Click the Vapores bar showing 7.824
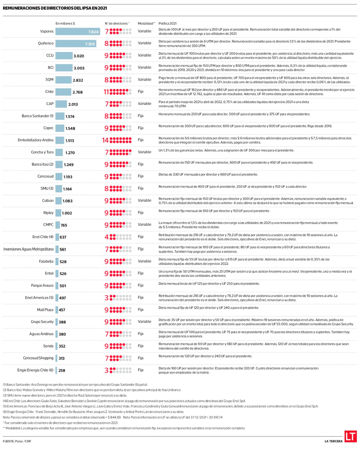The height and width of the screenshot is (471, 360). point(77,32)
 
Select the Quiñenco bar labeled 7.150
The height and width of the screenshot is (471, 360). point(75,44)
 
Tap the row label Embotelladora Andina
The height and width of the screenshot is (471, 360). point(36,140)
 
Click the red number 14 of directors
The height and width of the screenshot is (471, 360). point(105,140)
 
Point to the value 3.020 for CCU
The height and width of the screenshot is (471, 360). point(78,56)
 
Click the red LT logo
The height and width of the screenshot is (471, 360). point(350,436)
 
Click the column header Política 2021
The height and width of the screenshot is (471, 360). point(167,23)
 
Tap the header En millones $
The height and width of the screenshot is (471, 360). point(65,23)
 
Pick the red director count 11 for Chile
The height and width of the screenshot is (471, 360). point(106,92)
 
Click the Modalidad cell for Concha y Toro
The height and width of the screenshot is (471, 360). point(144,152)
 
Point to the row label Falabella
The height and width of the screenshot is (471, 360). point(46,262)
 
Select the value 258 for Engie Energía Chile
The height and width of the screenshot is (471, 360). point(62,370)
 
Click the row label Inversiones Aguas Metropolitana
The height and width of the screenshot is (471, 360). point(28,249)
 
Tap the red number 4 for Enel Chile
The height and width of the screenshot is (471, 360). point(107,237)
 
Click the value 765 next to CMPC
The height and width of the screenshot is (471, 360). point(64,225)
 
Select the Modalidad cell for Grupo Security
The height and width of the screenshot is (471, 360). point(144,322)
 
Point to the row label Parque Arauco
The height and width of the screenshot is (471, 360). point(42,286)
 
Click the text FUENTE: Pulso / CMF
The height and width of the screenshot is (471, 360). point(17,441)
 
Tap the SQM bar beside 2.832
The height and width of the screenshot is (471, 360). point(64,80)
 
